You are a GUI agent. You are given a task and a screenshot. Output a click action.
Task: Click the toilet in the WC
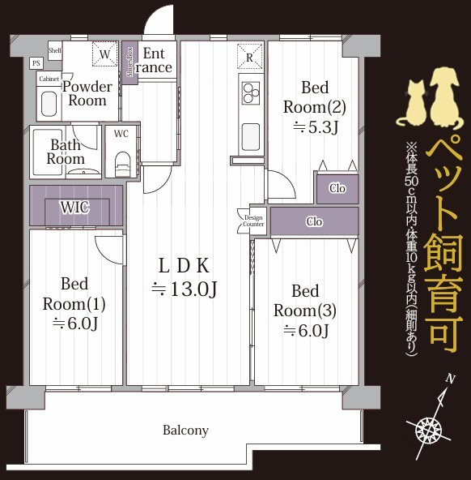(122, 162)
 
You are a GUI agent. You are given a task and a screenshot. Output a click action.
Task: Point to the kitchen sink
(250, 134)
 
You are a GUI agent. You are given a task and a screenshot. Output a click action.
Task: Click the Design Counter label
(253, 220)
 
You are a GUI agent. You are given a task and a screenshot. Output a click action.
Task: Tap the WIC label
(74, 207)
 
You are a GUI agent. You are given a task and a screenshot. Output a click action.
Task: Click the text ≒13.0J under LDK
(185, 288)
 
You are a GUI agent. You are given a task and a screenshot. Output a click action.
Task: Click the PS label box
(36, 62)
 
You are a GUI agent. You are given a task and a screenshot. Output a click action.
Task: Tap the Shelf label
(55, 49)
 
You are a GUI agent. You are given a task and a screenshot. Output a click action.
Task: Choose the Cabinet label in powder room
(49, 78)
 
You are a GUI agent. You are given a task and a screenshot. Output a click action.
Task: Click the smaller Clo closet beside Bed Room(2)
(337, 189)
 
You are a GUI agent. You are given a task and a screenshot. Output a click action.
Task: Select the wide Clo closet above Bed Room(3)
(314, 221)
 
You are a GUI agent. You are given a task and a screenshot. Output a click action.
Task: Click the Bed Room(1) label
(74, 303)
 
